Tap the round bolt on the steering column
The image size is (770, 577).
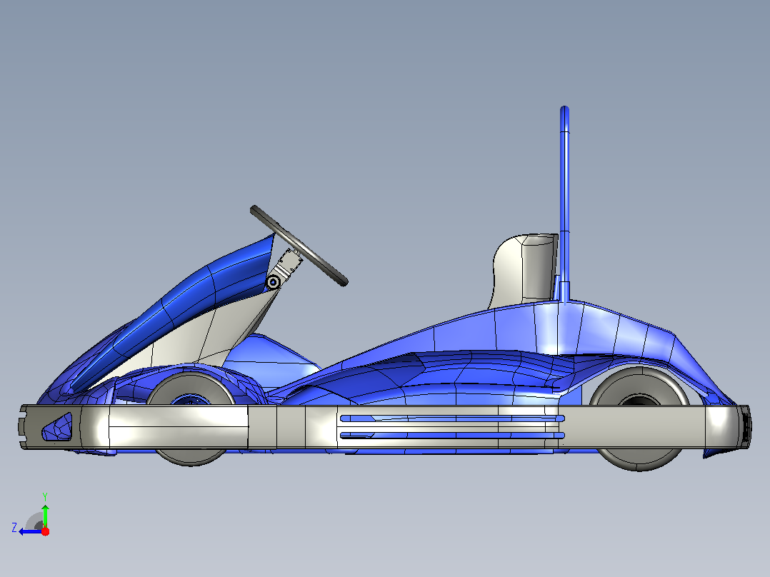point(273,282)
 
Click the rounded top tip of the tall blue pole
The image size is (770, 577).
point(565,109)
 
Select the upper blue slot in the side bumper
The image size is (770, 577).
point(451,418)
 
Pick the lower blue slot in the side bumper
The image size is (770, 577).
point(451,436)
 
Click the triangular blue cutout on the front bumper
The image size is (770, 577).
point(59,427)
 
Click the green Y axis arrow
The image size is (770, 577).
point(45,516)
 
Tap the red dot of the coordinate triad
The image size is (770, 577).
point(45,531)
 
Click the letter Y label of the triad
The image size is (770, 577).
point(45,496)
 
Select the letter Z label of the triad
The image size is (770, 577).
point(14,528)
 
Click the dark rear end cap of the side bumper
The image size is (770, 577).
point(745,426)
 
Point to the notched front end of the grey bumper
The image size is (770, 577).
point(23,427)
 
